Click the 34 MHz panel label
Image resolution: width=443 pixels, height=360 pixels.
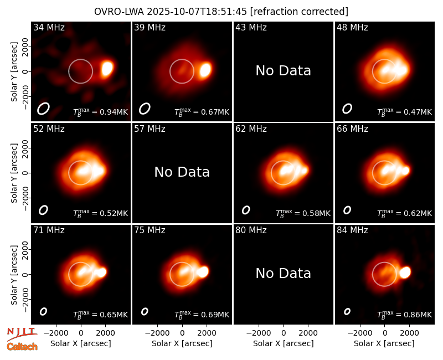click(x=49, y=27)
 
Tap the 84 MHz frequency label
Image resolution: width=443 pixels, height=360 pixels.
click(x=352, y=230)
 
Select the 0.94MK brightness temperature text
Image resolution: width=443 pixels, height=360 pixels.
click(x=114, y=112)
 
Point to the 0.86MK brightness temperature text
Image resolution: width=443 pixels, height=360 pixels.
click(x=418, y=315)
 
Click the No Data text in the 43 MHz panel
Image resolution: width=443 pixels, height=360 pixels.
click(x=283, y=71)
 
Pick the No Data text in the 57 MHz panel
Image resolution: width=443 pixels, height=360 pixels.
click(x=182, y=172)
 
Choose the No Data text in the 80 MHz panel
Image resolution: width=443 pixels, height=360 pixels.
click(x=283, y=273)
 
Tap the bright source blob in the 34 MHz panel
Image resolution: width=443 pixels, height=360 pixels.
click(x=107, y=69)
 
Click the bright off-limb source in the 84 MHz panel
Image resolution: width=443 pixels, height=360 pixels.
click(x=405, y=272)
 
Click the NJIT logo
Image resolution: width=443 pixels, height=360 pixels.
click(x=22, y=334)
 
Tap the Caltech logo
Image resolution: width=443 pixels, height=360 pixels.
click(x=22, y=347)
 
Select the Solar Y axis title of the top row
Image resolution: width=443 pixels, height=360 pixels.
click(x=14, y=72)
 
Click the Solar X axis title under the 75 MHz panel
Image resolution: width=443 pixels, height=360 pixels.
click(x=182, y=343)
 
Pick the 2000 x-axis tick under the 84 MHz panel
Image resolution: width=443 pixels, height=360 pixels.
click(x=409, y=333)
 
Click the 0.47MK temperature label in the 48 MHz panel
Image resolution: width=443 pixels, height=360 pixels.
click(x=418, y=112)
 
